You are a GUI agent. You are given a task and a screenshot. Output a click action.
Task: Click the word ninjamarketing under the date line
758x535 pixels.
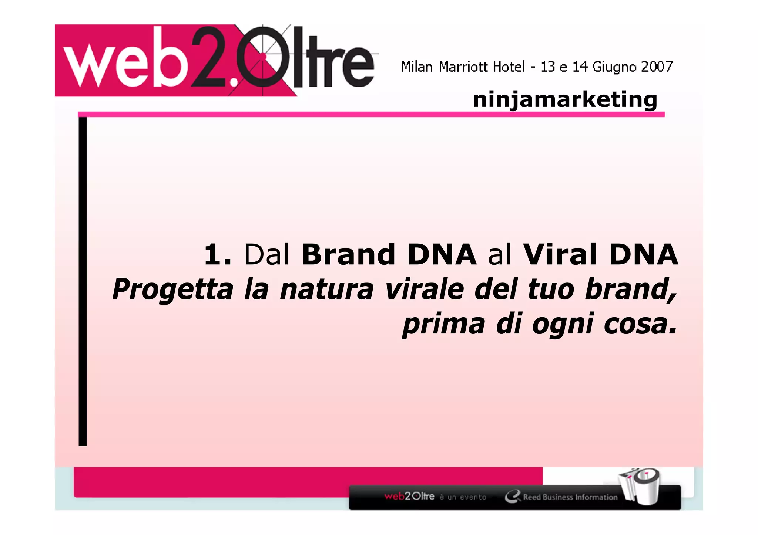point(565,100)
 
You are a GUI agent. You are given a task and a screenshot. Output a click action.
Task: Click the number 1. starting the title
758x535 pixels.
point(218,254)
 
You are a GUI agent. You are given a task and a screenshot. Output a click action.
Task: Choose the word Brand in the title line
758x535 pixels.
point(348,254)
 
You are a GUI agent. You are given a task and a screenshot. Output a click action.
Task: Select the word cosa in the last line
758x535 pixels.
point(640,324)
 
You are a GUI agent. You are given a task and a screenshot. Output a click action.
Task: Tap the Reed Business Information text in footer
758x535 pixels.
point(570,497)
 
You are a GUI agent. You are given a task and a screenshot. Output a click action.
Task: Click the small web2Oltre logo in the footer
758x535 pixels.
point(409,496)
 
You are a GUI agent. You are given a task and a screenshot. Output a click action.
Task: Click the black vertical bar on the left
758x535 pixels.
point(83,281)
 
